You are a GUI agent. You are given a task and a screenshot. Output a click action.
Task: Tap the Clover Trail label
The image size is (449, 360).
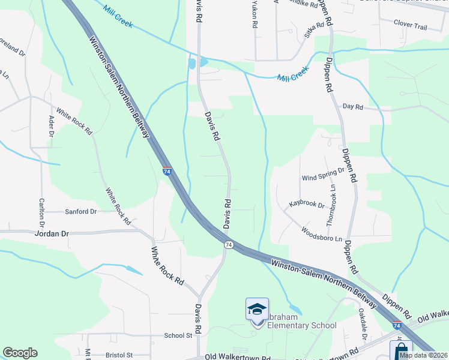(x=410, y=26)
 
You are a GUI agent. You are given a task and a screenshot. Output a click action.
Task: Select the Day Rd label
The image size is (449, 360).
(x=353, y=107)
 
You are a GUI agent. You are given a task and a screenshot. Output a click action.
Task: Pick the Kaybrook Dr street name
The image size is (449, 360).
(x=307, y=205)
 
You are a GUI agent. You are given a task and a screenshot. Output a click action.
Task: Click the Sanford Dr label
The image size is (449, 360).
(x=80, y=212)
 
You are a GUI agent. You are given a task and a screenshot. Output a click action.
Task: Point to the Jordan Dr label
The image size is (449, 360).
(x=52, y=233)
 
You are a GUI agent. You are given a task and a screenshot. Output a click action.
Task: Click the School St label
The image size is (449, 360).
(x=178, y=336)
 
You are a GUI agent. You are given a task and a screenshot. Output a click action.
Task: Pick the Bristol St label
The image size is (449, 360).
(x=118, y=355)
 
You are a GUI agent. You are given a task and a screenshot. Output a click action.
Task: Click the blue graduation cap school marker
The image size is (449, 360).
(x=257, y=310)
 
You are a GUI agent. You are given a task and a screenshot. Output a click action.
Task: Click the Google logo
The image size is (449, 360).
(x=20, y=353)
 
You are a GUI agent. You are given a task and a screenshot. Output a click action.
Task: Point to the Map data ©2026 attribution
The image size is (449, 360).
(x=424, y=355)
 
